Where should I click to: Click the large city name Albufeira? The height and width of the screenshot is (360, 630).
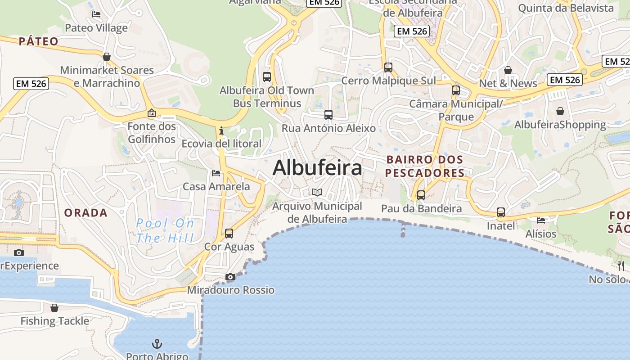(317, 168)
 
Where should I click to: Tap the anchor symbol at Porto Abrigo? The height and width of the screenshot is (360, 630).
(157, 344)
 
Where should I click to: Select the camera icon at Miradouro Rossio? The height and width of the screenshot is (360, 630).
(230, 277)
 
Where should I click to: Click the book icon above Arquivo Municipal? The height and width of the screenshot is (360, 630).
(317, 193)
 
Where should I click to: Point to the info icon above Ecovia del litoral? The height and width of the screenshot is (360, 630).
(221, 131)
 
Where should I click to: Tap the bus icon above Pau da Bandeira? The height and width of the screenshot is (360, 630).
(421, 195)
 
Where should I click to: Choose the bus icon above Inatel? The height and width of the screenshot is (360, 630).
(501, 212)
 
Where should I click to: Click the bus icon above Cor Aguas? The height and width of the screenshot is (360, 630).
(229, 234)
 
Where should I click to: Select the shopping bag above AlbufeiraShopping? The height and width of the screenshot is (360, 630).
(560, 111)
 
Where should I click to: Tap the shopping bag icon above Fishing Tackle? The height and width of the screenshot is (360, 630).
(54, 308)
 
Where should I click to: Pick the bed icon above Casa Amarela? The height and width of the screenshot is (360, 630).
(216, 173)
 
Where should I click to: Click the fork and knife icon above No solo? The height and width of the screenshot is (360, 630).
(620, 265)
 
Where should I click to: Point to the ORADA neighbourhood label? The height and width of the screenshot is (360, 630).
(85, 213)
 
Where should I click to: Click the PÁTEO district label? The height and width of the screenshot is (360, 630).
(39, 41)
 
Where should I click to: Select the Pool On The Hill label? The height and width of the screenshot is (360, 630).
(165, 230)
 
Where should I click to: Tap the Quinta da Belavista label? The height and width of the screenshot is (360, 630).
(566, 8)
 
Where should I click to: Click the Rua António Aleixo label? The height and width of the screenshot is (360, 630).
(328, 128)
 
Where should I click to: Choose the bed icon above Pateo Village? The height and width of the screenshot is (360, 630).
(96, 14)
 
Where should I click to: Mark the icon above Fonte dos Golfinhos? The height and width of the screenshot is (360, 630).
(152, 113)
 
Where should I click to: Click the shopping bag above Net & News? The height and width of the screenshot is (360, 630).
(508, 70)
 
